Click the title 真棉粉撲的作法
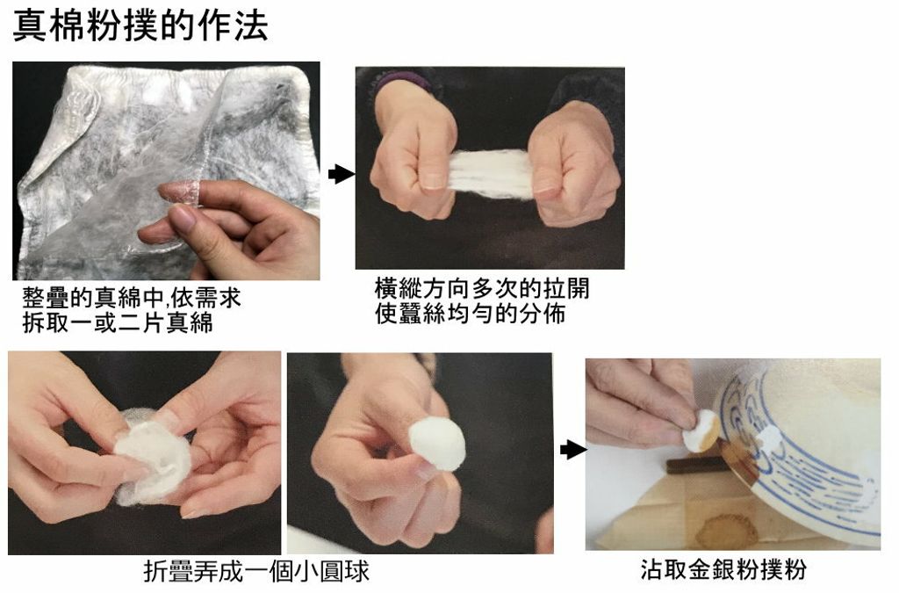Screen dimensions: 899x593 [140, 26]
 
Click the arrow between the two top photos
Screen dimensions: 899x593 [342, 174]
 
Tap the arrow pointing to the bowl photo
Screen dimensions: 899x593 [572, 450]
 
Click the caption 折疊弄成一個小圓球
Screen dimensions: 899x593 [256, 571]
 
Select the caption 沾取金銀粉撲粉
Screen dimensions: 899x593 [723, 569]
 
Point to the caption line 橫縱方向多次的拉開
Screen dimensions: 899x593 [482, 288]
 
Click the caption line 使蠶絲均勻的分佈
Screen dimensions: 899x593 [471, 314]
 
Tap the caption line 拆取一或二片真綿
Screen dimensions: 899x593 [118, 323]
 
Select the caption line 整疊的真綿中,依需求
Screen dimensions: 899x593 [132, 298]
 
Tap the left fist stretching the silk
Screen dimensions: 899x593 [414, 155]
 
